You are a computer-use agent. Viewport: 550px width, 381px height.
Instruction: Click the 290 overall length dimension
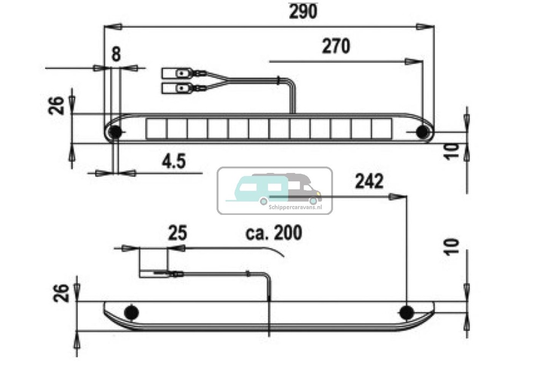[303, 11]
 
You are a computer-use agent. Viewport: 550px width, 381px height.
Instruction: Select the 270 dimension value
[336, 47]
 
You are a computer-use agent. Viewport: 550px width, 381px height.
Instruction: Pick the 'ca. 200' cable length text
[274, 233]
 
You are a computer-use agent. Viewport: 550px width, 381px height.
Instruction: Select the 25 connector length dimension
[177, 234]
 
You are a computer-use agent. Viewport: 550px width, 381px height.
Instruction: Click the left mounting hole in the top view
[114, 132]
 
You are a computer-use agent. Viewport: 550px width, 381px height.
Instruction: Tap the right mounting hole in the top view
[423, 132]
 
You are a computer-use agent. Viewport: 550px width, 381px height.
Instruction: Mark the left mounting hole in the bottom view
[131, 312]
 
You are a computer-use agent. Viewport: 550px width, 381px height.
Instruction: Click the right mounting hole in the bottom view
[407, 312]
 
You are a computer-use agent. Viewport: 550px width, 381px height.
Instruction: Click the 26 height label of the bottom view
[61, 293]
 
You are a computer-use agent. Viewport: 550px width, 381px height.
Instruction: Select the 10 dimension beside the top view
[453, 151]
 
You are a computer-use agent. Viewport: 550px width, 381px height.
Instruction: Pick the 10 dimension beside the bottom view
[453, 246]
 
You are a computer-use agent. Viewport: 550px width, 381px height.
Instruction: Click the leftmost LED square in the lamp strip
[156, 128]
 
